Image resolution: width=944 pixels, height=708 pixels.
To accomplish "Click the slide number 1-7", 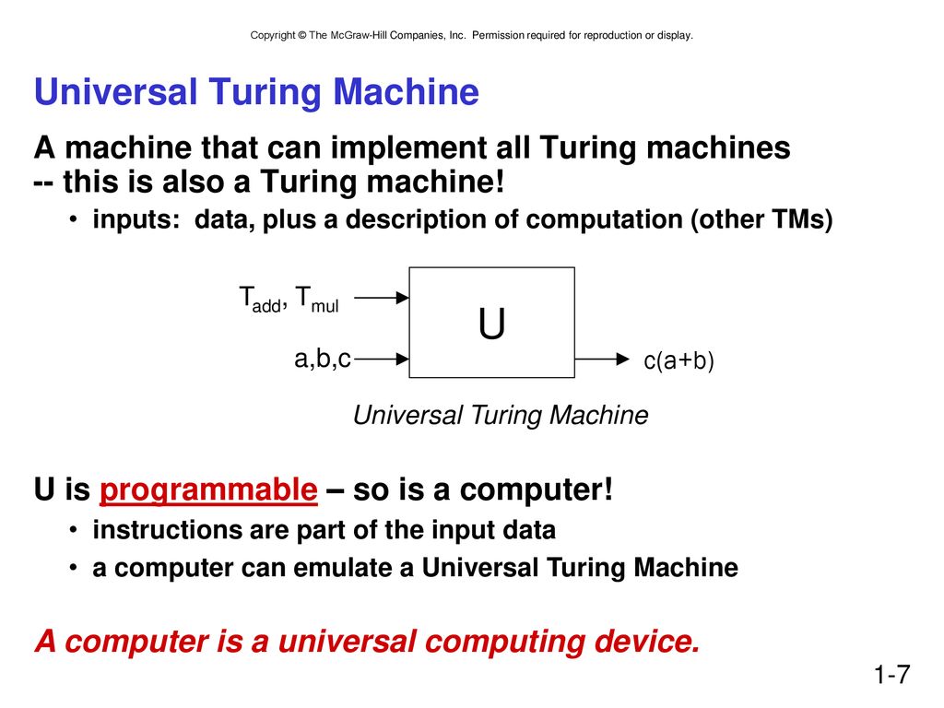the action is tap(891, 674).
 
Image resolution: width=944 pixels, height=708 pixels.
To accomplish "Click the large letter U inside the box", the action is tap(491, 324).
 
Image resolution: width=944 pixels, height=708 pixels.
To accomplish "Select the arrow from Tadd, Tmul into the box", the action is tap(382, 298).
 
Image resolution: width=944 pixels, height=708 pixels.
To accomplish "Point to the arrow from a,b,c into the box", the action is tap(382, 359).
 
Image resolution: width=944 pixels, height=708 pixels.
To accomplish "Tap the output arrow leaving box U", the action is tap(602, 360).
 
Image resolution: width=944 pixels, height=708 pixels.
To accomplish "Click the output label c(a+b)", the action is tap(678, 360).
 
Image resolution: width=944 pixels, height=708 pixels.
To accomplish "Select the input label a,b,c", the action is tap(322, 359).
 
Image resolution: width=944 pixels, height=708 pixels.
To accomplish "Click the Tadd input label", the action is tap(261, 300).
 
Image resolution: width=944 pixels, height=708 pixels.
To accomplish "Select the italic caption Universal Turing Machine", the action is tap(501, 415).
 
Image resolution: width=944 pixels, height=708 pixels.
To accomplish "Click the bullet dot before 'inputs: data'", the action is tap(73, 219).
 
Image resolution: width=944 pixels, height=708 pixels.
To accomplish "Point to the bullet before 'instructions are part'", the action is tap(73, 530).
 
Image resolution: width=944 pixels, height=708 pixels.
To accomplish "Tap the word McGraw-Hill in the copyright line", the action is tap(359, 35).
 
